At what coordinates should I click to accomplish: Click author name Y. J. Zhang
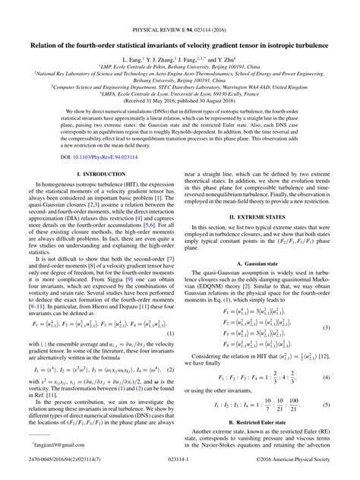coord(169,57)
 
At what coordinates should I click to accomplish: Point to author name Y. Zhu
coord(225,57)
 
